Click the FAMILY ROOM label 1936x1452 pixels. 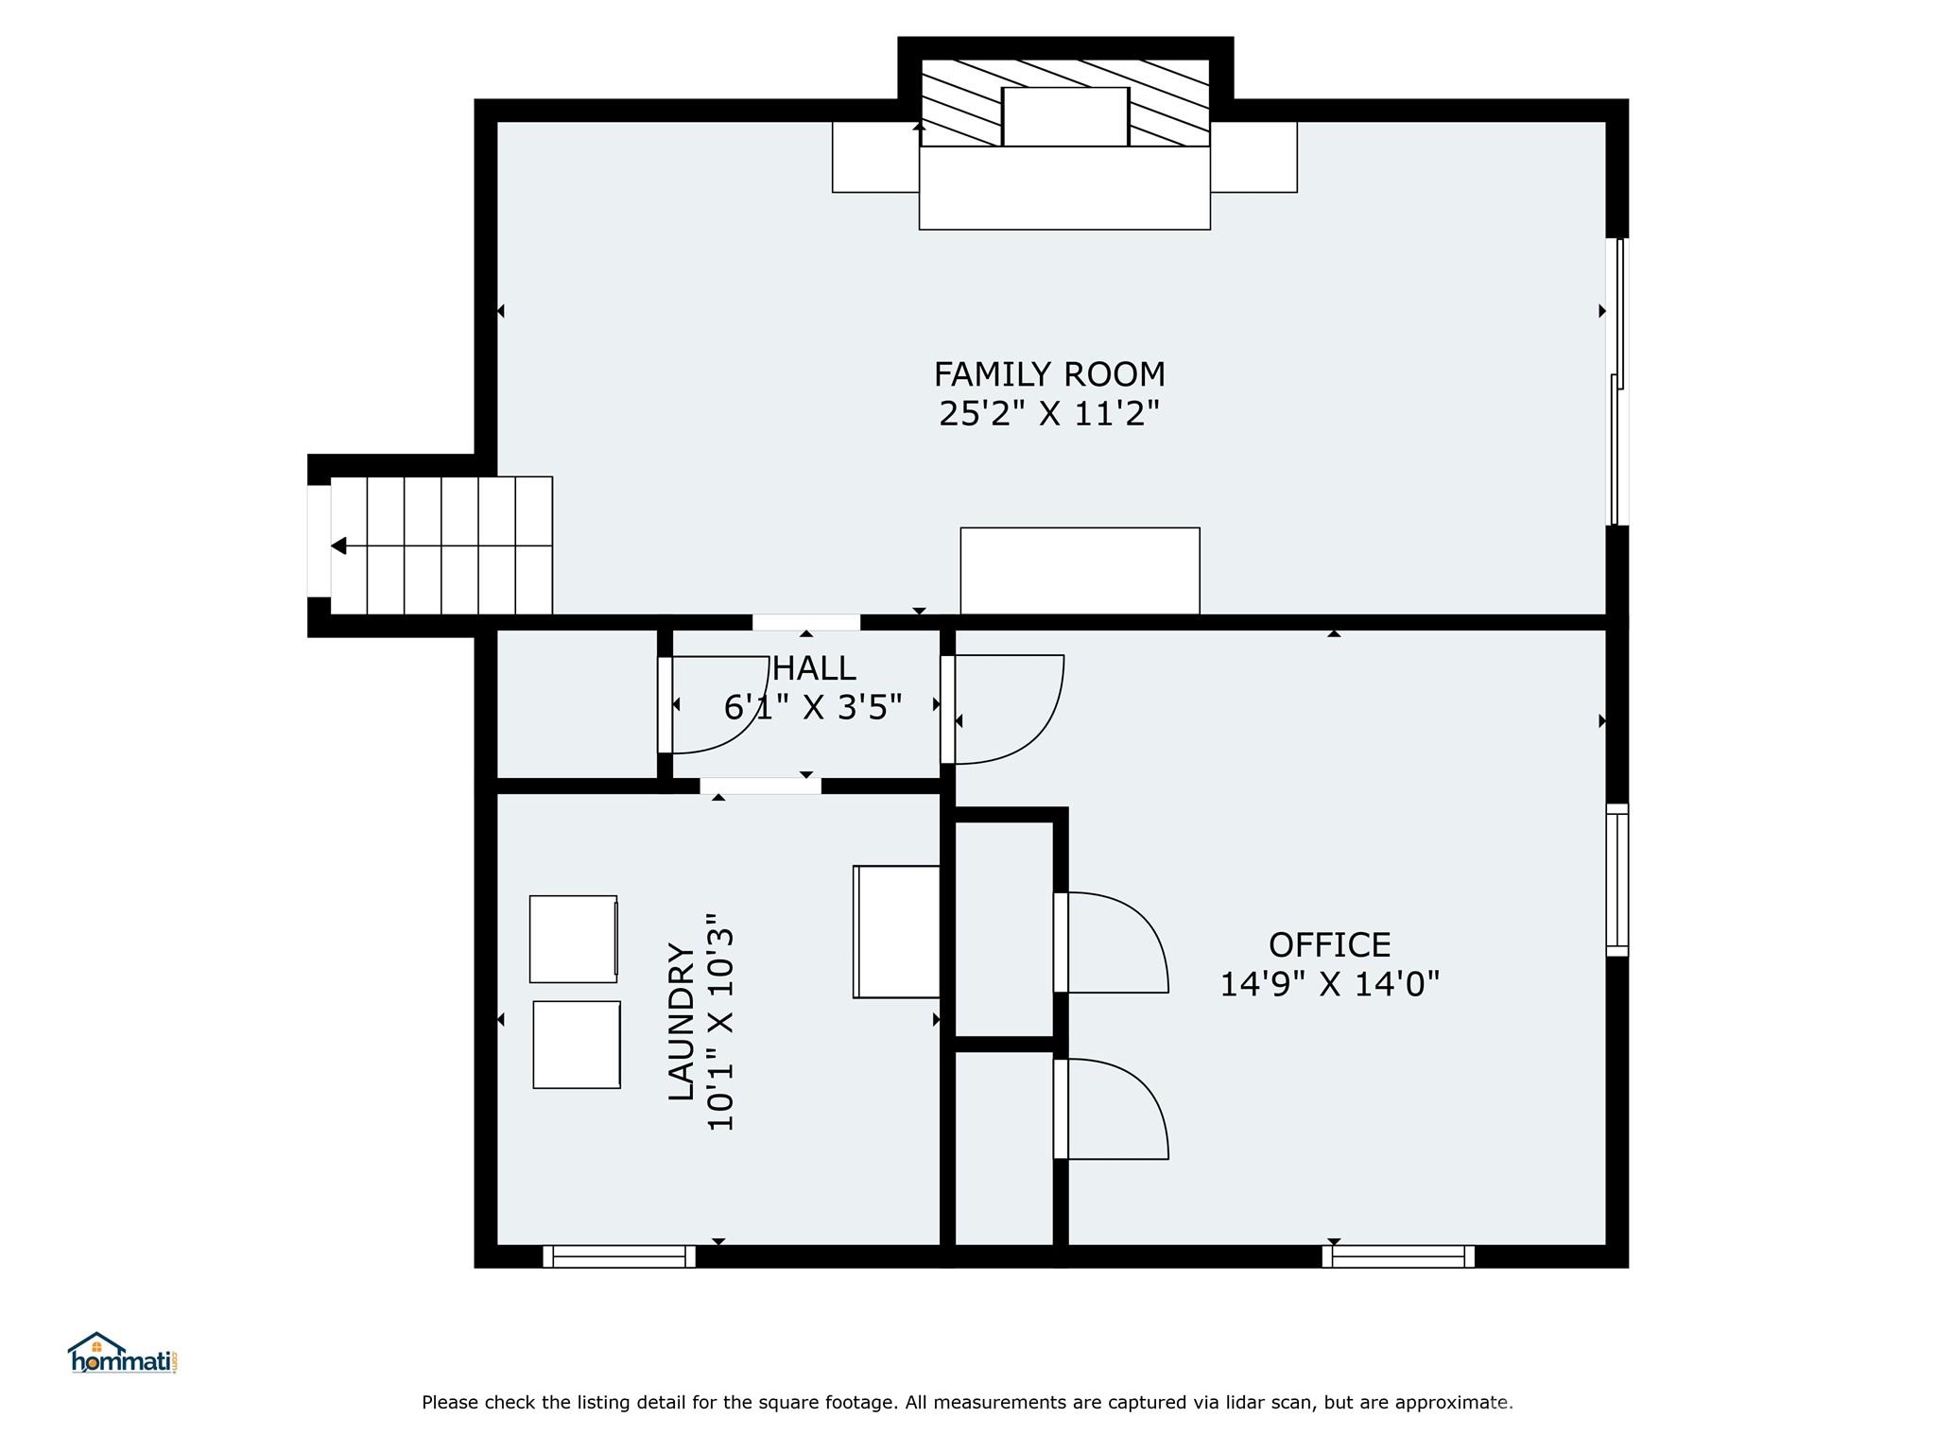[x=1049, y=374]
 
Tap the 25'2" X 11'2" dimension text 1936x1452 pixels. [x=1049, y=414]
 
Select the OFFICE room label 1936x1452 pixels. [x=1329, y=945]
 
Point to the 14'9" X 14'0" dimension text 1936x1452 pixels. [x=1329, y=985]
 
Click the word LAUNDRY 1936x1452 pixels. [x=682, y=1022]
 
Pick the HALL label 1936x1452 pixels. [x=814, y=669]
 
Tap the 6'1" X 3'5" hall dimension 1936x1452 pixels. [x=813, y=708]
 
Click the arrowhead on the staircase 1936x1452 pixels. [x=338, y=546]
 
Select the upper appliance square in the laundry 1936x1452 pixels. [x=574, y=939]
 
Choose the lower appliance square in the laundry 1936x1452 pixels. [x=577, y=1045]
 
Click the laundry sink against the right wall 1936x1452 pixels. [x=896, y=931]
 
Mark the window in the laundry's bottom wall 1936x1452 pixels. [x=619, y=1256]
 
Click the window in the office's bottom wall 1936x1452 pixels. [x=1398, y=1256]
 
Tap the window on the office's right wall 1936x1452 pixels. [x=1617, y=880]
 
